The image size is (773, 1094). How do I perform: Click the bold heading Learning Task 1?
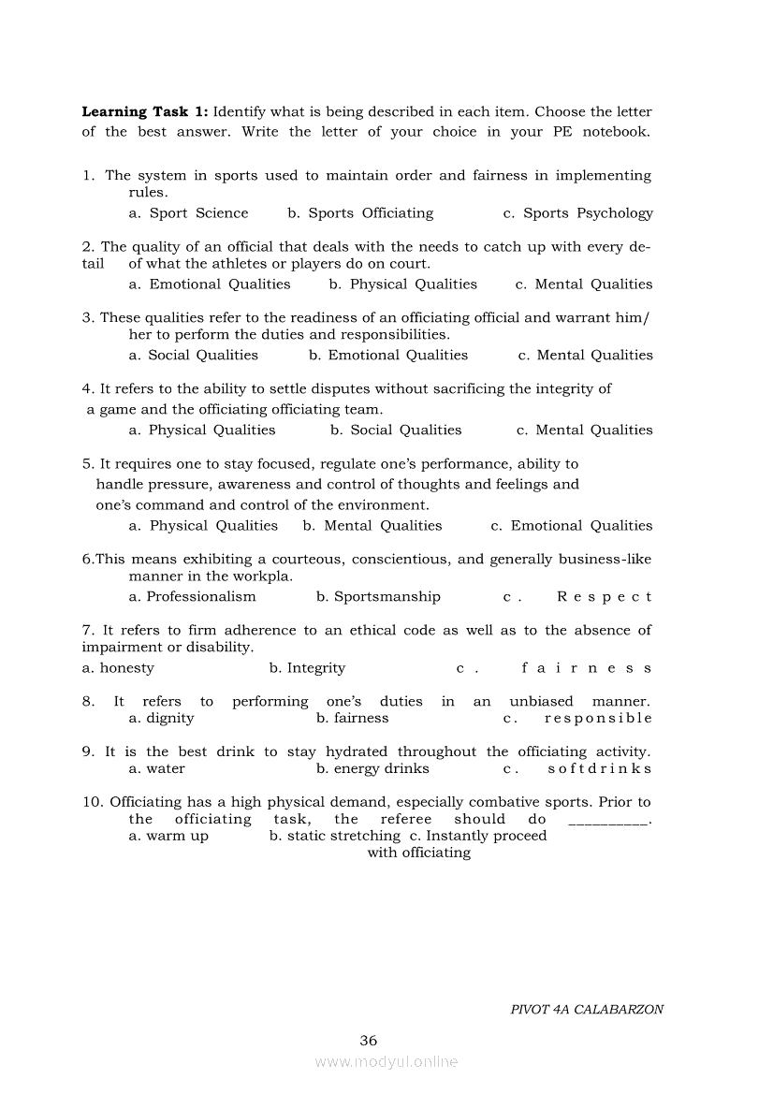[x=145, y=112]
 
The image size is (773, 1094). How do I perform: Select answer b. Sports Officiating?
[x=360, y=213]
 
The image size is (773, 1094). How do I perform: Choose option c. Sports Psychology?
[x=577, y=213]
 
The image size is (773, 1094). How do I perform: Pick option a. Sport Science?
[x=188, y=213]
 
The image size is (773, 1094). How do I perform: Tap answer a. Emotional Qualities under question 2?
[x=210, y=284]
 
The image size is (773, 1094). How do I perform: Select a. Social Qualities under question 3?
[x=193, y=356]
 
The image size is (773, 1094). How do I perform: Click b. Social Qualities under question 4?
[x=396, y=430]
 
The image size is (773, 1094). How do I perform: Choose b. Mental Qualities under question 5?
[x=372, y=526]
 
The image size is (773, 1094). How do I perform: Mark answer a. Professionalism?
[x=192, y=597]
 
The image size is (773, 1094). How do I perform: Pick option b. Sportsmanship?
[x=378, y=597]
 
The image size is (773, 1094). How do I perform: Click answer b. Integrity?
[x=307, y=668]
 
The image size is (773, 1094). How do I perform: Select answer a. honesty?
[x=118, y=668]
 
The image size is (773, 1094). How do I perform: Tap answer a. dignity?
[x=161, y=719]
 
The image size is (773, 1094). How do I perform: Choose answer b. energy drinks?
[x=372, y=769]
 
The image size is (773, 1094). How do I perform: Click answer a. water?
[x=156, y=769]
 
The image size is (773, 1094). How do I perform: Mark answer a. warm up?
[x=168, y=837]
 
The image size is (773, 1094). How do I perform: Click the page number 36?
[x=368, y=1041]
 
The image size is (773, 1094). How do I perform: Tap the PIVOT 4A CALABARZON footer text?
[x=587, y=1010]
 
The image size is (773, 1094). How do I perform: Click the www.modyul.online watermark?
[x=386, y=1062]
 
